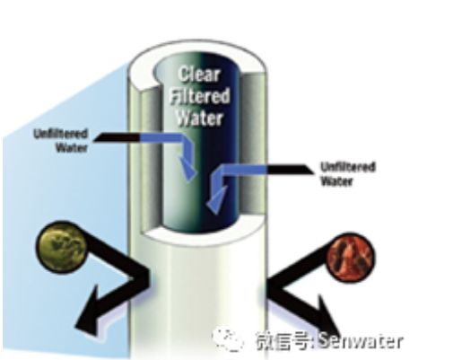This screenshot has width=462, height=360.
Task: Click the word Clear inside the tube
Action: (199, 75)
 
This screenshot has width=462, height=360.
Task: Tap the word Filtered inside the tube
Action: (199, 96)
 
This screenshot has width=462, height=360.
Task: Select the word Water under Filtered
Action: (199, 118)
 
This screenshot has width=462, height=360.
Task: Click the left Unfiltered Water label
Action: (61, 141)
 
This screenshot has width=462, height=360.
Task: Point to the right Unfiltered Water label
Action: (348, 174)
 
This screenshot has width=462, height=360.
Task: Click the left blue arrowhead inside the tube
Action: (187, 168)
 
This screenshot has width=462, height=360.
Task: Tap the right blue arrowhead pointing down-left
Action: (216, 200)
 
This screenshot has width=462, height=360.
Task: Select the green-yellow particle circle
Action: (61, 247)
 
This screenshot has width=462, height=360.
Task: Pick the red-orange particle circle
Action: (350, 258)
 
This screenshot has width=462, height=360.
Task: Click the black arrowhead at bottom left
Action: (88, 312)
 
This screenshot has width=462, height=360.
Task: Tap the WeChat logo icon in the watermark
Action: (228, 339)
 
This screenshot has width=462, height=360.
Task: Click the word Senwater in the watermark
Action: (361, 340)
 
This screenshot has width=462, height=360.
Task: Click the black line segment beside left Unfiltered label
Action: (117, 137)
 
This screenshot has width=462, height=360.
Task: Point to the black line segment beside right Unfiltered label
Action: (290, 170)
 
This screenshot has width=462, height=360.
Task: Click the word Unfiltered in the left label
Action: (61, 134)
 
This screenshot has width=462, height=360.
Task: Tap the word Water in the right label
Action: (336, 181)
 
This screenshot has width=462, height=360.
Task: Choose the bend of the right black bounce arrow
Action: (273, 285)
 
